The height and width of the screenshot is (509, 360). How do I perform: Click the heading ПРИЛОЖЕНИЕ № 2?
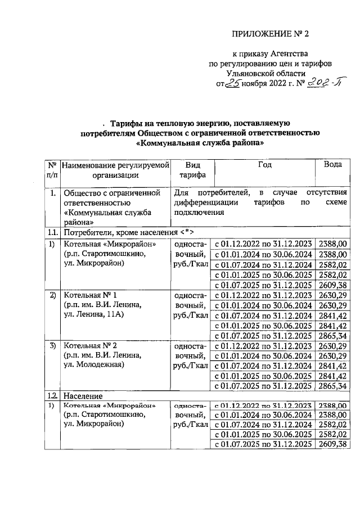point(271,33)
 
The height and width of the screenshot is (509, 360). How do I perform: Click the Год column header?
point(264,164)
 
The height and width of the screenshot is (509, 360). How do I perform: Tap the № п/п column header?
point(52,169)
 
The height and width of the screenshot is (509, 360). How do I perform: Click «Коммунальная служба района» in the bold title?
point(200,143)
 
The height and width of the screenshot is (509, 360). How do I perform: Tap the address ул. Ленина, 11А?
point(93,315)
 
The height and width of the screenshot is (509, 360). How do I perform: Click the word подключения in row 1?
point(199,213)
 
